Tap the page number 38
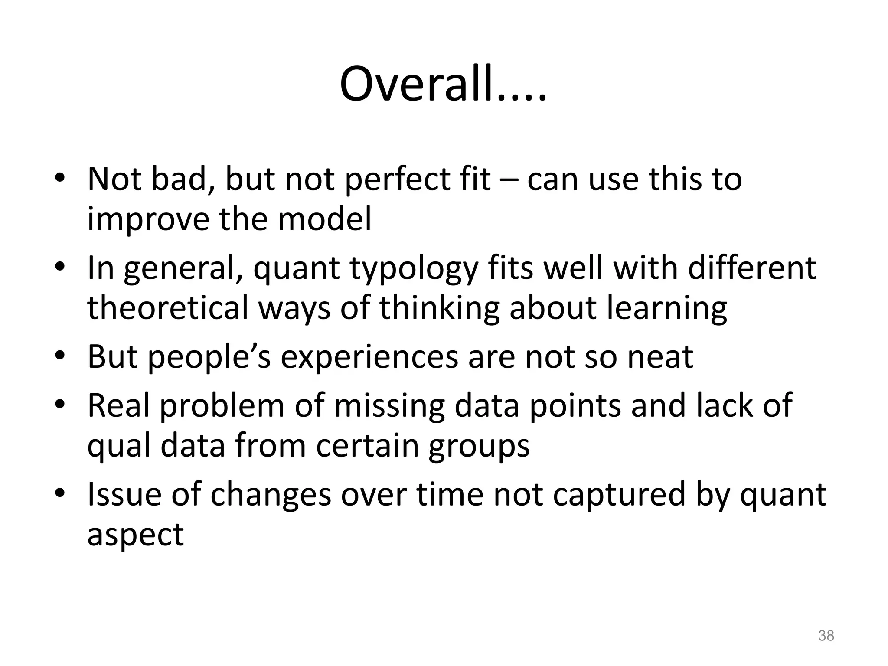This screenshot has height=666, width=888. pyautogui.click(x=826, y=636)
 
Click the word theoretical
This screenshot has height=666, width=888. pyautogui.click(x=168, y=307)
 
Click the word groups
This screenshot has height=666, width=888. pyautogui.click(x=479, y=447)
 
